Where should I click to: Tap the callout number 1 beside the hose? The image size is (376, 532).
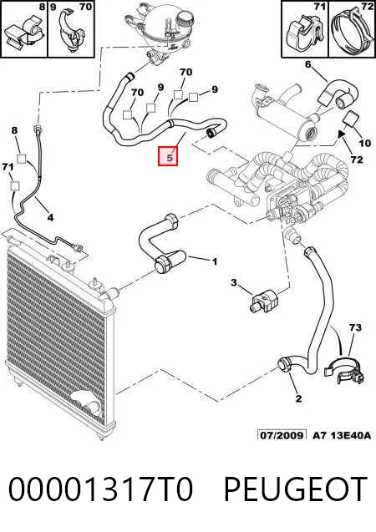(215, 261)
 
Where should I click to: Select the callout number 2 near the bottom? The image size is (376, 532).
(298, 398)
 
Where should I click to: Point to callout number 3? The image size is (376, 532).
(234, 282)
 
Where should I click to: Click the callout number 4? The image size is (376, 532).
(50, 217)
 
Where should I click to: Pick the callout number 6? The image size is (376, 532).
(307, 63)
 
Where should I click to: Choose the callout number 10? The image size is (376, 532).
(365, 143)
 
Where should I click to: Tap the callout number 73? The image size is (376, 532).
(355, 327)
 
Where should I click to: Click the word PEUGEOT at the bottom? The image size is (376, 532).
(295, 489)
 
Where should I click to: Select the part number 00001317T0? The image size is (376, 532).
(101, 489)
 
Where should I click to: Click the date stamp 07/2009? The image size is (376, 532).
(282, 435)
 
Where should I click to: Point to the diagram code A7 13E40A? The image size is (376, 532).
(342, 435)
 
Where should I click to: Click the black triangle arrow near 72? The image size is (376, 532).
(342, 134)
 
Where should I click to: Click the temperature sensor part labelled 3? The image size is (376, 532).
(264, 300)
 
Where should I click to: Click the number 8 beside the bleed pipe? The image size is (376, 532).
(14, 130)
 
